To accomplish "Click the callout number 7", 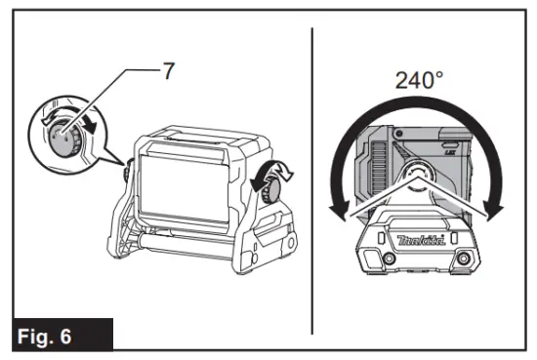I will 169,71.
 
